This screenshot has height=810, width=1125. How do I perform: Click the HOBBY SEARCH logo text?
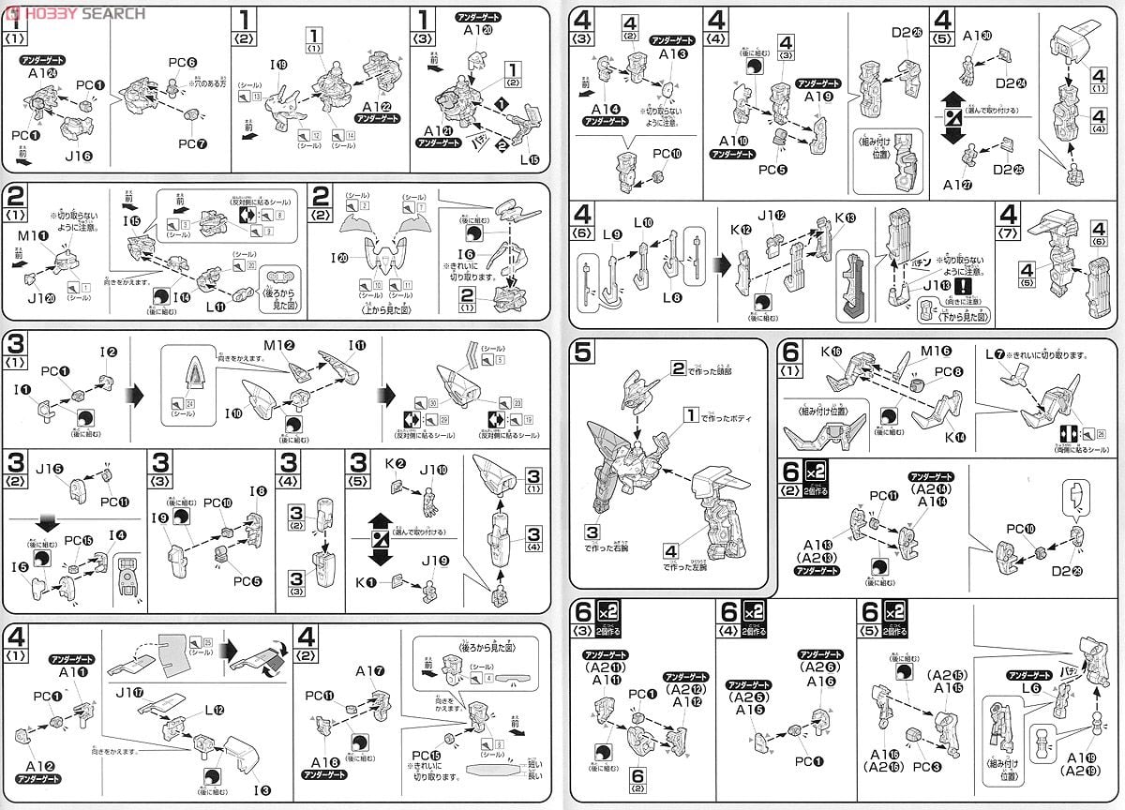click(82, 13)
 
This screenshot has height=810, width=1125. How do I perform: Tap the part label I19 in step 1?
click(278, 66)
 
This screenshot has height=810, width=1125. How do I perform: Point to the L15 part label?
click(533, 157)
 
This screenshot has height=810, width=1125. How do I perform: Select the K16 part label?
click(832, 352)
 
